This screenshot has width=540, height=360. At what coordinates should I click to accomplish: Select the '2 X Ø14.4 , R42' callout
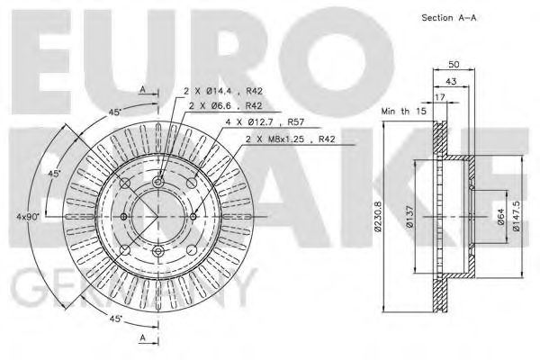221,92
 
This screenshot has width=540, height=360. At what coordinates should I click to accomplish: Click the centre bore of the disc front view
157,216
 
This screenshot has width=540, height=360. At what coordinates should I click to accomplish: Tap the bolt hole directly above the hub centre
157,183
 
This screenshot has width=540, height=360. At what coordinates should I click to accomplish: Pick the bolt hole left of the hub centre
124,216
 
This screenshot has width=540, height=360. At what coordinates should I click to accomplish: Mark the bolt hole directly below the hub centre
157,250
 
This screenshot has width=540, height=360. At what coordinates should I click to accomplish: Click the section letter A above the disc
142,88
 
